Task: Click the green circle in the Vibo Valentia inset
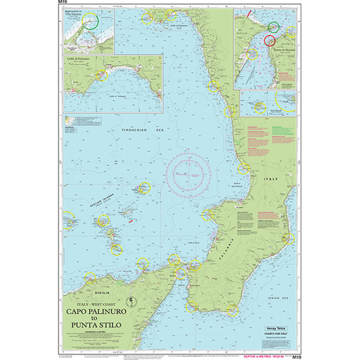pyautogui.click(x=93, y=23)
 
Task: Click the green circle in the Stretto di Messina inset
pyautogui.click(x=272, y=27)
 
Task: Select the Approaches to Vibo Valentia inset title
pyautogui.click(x=77, y=14)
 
